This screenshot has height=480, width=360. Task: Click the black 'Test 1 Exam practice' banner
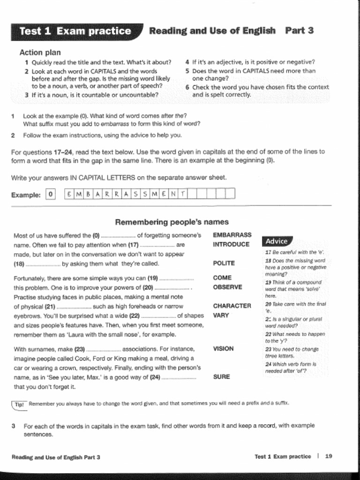[x=75, y=31]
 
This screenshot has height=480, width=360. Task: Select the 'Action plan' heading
[x=40, y=52]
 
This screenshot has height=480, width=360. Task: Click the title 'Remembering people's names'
[x=172, y=222]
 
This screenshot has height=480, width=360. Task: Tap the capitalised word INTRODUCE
[x=231, y=244]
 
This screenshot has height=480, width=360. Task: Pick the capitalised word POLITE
[x=224, y=263]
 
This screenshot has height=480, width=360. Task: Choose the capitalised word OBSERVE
[x=227, y=287]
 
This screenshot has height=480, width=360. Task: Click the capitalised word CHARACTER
[x=232, y=306]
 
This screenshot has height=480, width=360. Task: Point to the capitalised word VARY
[x=221, y=315]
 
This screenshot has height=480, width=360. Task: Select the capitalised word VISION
[x=223, y=348]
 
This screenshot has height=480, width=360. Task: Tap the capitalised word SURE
[x=221, y=376]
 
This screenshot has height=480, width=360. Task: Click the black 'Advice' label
[x=276, y=241]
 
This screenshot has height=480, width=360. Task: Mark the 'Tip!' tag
[x=19, y=404]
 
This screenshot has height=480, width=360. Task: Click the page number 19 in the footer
[x=329, y=456]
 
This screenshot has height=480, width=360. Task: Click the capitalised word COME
[x=222, y=277]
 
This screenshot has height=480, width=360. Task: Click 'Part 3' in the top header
[x=299, y=31]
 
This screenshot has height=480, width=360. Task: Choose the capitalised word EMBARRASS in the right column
[x=232, y=235]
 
